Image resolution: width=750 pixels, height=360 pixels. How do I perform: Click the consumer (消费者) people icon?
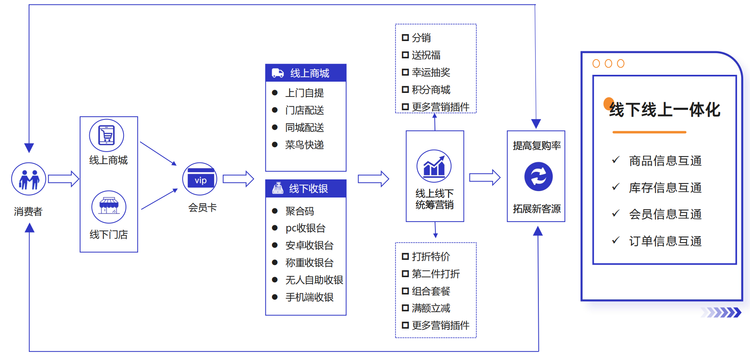pos(29,179)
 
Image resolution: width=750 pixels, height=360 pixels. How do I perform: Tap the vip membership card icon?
pos(200,179)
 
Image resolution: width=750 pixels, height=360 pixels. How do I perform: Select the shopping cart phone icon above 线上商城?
pos(107,136)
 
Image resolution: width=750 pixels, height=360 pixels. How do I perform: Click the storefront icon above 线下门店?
pos(109,207)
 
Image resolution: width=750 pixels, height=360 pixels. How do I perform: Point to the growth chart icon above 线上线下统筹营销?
pos(434,166)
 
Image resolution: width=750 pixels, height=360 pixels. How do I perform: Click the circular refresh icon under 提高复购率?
pos(538,177)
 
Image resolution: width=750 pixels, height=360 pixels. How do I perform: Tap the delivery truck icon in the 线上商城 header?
pos(278,73)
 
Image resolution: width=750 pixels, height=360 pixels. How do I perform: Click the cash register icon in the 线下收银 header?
pos(278,188)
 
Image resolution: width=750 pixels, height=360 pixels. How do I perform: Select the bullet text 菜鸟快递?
pos(305,145)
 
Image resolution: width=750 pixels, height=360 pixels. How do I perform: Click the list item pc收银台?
pos(305,228)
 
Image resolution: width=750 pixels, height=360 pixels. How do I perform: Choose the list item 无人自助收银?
pos(314,280)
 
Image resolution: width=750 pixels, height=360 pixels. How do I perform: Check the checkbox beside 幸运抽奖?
pos(405,72)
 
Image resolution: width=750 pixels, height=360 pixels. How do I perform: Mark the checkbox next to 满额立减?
pos(405,308)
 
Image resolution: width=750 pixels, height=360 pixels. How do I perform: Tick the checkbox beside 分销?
pos(405,38)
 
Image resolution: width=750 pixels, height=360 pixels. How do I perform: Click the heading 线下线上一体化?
pos(664,110)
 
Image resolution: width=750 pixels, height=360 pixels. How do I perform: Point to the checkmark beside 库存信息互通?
pos(615,187)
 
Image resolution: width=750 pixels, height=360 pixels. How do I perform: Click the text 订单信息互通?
pos(665,241)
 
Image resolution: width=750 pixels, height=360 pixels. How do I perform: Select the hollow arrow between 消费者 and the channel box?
pos(63,179)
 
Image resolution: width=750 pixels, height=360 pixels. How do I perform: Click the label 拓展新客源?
pos(537,209)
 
